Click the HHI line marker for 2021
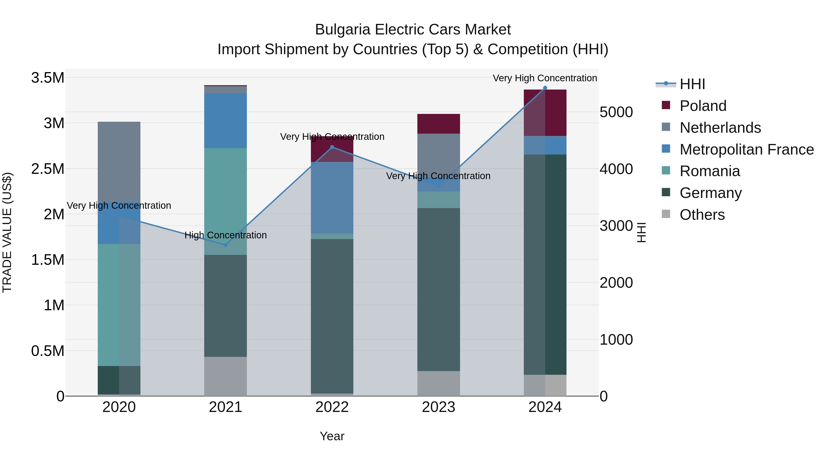point(225,245)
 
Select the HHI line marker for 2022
point(332,147)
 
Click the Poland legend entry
point(703,106)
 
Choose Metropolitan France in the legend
point(746,149)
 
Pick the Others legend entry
point(702,215)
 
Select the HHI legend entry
point(692,84)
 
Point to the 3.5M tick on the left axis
point(47,78)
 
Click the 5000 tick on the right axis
point(616,112)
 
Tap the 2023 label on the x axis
point(438,407)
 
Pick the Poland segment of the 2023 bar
point(438,124)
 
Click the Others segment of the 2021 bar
point(225,376)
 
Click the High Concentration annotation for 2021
point(225,235)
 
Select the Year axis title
point(332,436)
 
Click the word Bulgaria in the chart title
point(343,30)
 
